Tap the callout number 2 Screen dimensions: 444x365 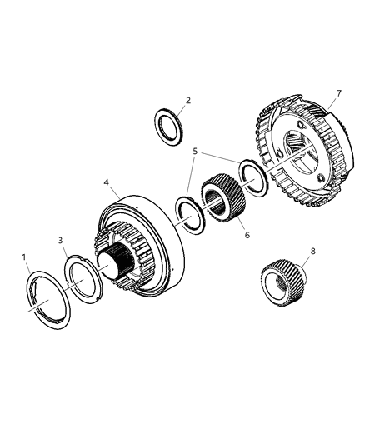click(x=188, y=101)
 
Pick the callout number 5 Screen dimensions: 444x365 click(x=195, y=152)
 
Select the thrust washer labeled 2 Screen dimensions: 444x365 click(x=172, y=130)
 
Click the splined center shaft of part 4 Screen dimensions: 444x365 click(x=115, y=269)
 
